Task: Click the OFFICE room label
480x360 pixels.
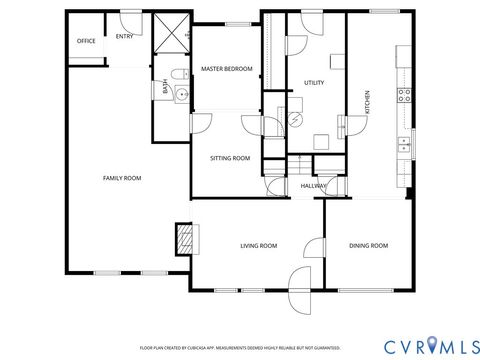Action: [86, 41]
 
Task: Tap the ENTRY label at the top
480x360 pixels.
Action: [124, 37]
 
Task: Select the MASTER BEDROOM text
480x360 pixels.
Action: [226, 69]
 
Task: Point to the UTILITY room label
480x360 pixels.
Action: [313, 83]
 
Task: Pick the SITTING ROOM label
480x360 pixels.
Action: [229, 158]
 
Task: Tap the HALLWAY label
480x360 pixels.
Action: [312, 186]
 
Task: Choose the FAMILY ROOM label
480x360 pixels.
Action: [122, 178]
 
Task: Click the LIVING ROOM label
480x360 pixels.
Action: [258, 245]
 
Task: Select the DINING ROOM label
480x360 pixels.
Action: [367, 245]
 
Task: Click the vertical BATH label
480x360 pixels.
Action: [165, 87]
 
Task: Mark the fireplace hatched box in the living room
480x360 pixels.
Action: [183, 238]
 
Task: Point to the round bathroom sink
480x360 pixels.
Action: [180, 95]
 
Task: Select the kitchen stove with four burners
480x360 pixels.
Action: [405, 96]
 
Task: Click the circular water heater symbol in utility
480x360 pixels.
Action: [295, 118]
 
